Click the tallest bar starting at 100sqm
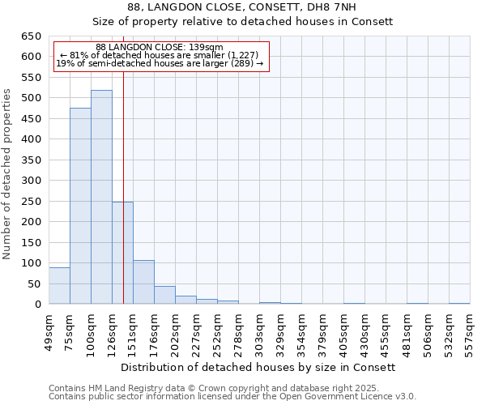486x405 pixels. pyautogui.click(x=101, y=198)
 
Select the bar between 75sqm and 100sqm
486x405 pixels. pyautogui.click(x=80, y=207)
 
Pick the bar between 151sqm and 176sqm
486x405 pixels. pyautogui.click(x=143, y=283)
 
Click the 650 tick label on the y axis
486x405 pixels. pyautogui.click(x=31, y=36)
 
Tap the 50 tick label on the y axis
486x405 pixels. pyautogui.click(x=34, y=284)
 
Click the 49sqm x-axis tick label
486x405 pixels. pyautogui.click(x=49, y=331)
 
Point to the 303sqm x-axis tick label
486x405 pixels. pyautogui.click(x=260, y=331)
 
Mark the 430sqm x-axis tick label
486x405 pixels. pyautogui.click(x=365, y=331)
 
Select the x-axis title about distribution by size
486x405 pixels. pyautogui.click(x=263, y=367)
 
